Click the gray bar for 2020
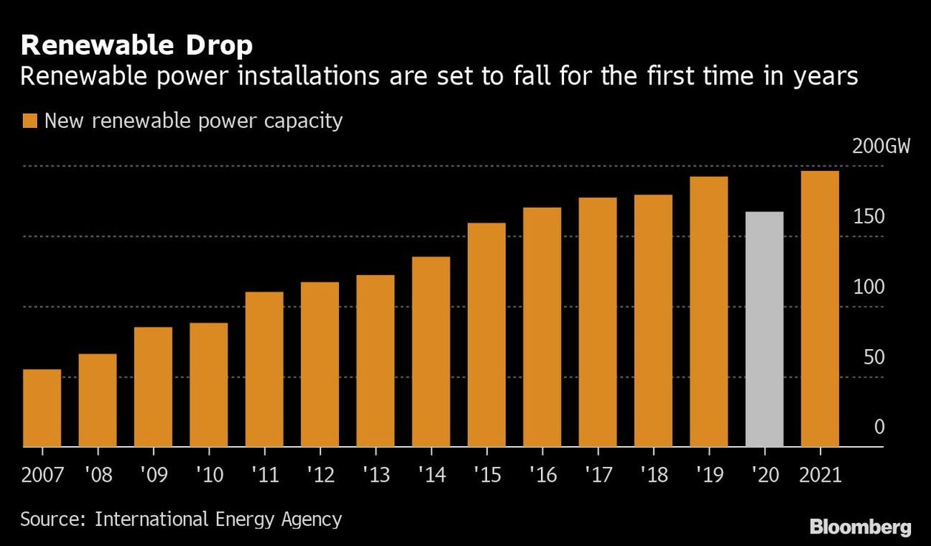coord(764,329)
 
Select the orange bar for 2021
coord(820,309)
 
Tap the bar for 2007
coord(42,408)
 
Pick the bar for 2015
coord(487,335)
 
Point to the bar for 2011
coord(264,369)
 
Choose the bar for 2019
coord(709,311)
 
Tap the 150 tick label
coord(869,217)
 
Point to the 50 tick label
coord(874,357)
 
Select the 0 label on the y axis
coord(879,427)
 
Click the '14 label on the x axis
coord(432,474)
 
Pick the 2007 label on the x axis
coord(42,474)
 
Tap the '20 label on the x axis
coord(765,474)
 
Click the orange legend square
coord(30,121)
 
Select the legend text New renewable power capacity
coord(194,121)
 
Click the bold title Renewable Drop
coord(137,45)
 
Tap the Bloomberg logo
coord(861,528)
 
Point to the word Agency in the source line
coord(312,520)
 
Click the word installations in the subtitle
coord(309,76)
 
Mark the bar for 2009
coord(153,387)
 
